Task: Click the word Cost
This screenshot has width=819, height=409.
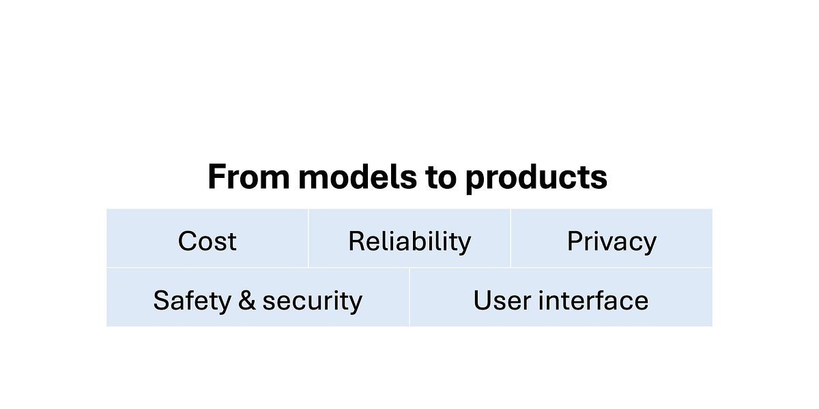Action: [207, 241]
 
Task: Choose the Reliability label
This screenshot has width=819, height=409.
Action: [409, 241]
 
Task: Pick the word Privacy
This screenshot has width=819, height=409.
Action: [612, 242]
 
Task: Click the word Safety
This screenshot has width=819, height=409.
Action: [191, 301]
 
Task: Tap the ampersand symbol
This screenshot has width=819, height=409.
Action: [247, 301]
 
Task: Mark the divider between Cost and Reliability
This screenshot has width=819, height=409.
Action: [308, 238]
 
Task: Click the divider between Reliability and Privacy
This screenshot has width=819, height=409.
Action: [511, 238]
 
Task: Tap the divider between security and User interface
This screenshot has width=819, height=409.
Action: [409, 297]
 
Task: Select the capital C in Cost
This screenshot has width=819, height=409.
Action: [187, 241]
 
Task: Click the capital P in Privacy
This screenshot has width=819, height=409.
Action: [575, 241]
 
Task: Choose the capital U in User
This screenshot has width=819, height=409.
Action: [482, 301]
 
